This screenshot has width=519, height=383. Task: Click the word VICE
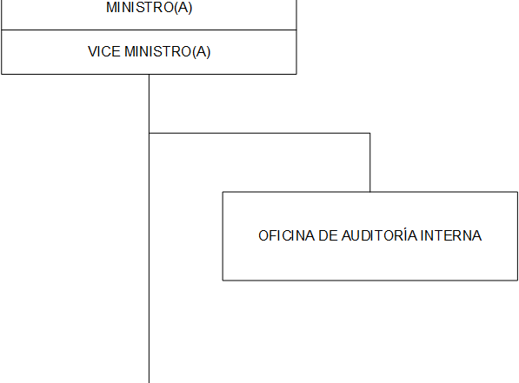[x=104, y=51]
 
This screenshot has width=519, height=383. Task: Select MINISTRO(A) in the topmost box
[x=149, y=7]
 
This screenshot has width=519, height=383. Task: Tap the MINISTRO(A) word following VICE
[x=168, y=52]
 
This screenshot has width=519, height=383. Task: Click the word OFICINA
[x=286, y=236]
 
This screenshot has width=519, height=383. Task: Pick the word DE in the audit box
[x=328, y=236]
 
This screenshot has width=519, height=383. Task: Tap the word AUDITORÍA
[x=379, y=235]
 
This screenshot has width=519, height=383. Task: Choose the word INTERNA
[x=451, y=236]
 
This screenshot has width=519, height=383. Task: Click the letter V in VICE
[x=92, y=51]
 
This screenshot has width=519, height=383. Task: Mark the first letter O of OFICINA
[x=263, y=236]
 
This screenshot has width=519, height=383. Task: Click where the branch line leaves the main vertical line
[x=149, y=133]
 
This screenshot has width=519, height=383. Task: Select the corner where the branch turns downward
[x=369, y=133]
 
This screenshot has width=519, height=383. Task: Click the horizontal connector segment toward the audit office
[x=259, y=133]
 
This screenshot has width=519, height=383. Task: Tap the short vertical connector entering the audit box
[x=369, y=162]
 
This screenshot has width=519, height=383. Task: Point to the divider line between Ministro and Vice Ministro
[x=149, y=30]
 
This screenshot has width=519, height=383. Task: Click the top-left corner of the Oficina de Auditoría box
[x=223, y=192]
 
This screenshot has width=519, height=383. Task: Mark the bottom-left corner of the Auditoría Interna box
[x=223, y=281]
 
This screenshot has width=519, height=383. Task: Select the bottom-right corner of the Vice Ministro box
[x=296, y=74]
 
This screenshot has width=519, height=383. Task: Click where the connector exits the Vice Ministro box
[x=149, y=75]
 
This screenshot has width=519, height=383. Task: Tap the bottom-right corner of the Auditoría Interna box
[x=517, y=281]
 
